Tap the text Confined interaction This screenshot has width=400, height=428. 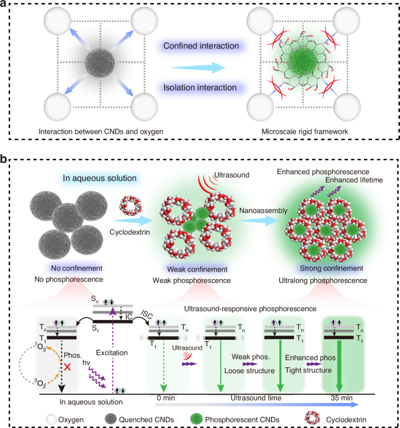pyautogui.click(x=193, y=46)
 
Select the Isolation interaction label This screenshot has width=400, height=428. pyautogui.click(x=193, y=88)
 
